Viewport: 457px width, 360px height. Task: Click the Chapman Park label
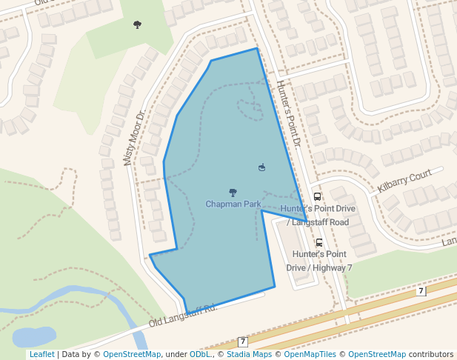pyautogui.click(x=233, y=204)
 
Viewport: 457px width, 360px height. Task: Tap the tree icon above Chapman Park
pyautogui.click(x=233, y=193)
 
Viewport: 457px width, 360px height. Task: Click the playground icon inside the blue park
pyautogui.click(x=261, y=167)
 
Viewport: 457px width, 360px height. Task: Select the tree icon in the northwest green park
pyautogui.click(x=137, y=25)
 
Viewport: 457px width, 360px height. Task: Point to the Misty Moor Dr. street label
pyautogui.click(x=133, y=139)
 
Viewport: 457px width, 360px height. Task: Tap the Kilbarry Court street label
pyautogui.click(x=404, y=181)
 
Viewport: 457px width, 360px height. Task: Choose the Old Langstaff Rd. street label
pyautogui.click(x=181, y=315)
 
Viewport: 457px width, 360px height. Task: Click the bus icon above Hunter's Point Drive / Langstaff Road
pyautogui.click(x=318, y=197)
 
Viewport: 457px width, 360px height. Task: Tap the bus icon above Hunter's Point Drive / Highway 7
pyautogui.click(x=319, y=242)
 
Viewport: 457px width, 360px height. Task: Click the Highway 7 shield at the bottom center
pyautogui.click(x=242, y=341)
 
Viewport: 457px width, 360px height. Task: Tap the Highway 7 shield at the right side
pyautogui.click(x=421, y=291)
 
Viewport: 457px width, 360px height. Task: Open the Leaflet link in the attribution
pyautogui.click(x=41, y=355)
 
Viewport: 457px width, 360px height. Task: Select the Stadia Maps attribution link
pyautogui.click(x=249, y=355)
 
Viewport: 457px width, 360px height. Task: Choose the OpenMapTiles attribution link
pyautogui.click(x=309, y=355)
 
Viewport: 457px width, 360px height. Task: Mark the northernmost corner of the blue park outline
pyautogui.click(x=257, y=49)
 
